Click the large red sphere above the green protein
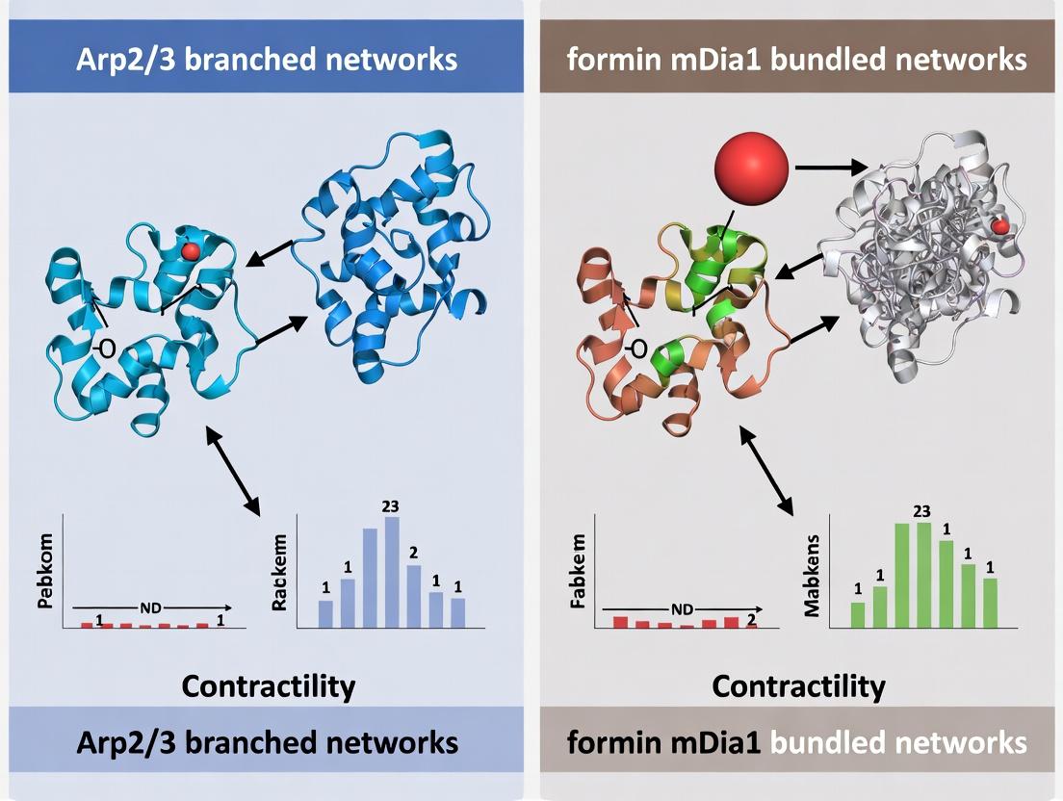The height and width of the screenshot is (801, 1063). pyautogui.click(x=752, y=169)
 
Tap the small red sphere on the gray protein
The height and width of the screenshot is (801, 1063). pyautogui.click(x=1001, y=226)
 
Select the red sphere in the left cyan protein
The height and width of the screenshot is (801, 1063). pyautogui.click(x=191, y=251)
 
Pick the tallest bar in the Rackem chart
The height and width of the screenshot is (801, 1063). pyautogui.click(x=391, y=572)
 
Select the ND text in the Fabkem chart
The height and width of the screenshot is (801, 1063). pyautogui.click(x=682, y=608)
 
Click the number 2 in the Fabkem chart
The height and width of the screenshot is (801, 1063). pyautogui.click(x=751, y=621)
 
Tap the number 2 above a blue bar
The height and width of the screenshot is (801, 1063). pyautogui.click(x=412, y=552)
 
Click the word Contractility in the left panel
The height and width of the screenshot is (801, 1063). pyautogui.click(x=268, y=686)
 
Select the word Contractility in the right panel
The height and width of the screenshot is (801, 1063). pyautogui.click(x=798, y=686)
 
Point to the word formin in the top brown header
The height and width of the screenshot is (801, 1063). pyautogui.click(x=603, y=60)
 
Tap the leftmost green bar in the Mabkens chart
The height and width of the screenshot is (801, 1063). pyautogui.click(x=857, y=615)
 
